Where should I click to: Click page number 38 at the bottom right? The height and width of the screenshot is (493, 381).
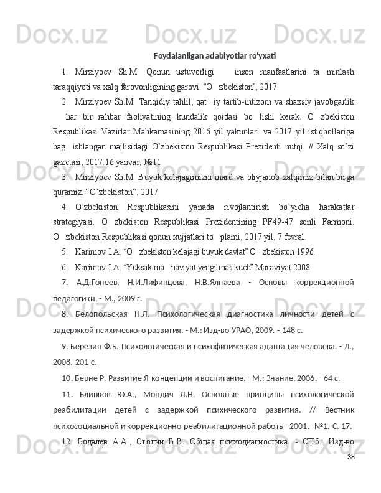coord(351,475)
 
